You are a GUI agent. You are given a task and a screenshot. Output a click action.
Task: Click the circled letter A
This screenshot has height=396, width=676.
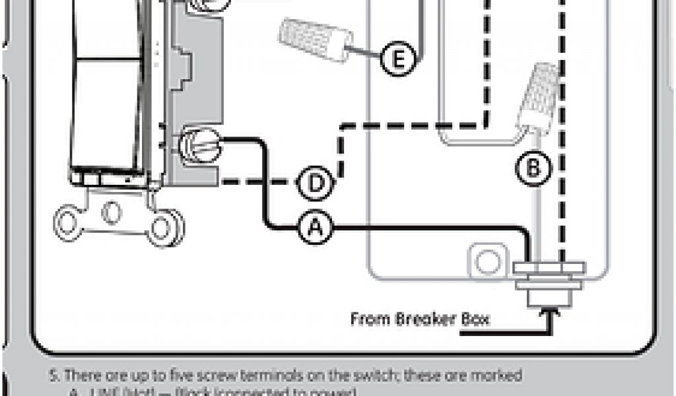[x=316, y=228]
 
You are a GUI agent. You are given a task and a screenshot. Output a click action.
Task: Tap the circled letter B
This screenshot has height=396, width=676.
[x=531, y=168]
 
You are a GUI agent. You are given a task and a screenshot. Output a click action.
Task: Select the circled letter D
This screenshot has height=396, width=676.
[x=316, y=183]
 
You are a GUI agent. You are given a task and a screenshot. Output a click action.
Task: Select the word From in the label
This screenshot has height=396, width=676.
[x=370, y=320]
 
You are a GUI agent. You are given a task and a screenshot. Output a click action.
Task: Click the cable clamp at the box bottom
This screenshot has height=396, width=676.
[x=549, y=280]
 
